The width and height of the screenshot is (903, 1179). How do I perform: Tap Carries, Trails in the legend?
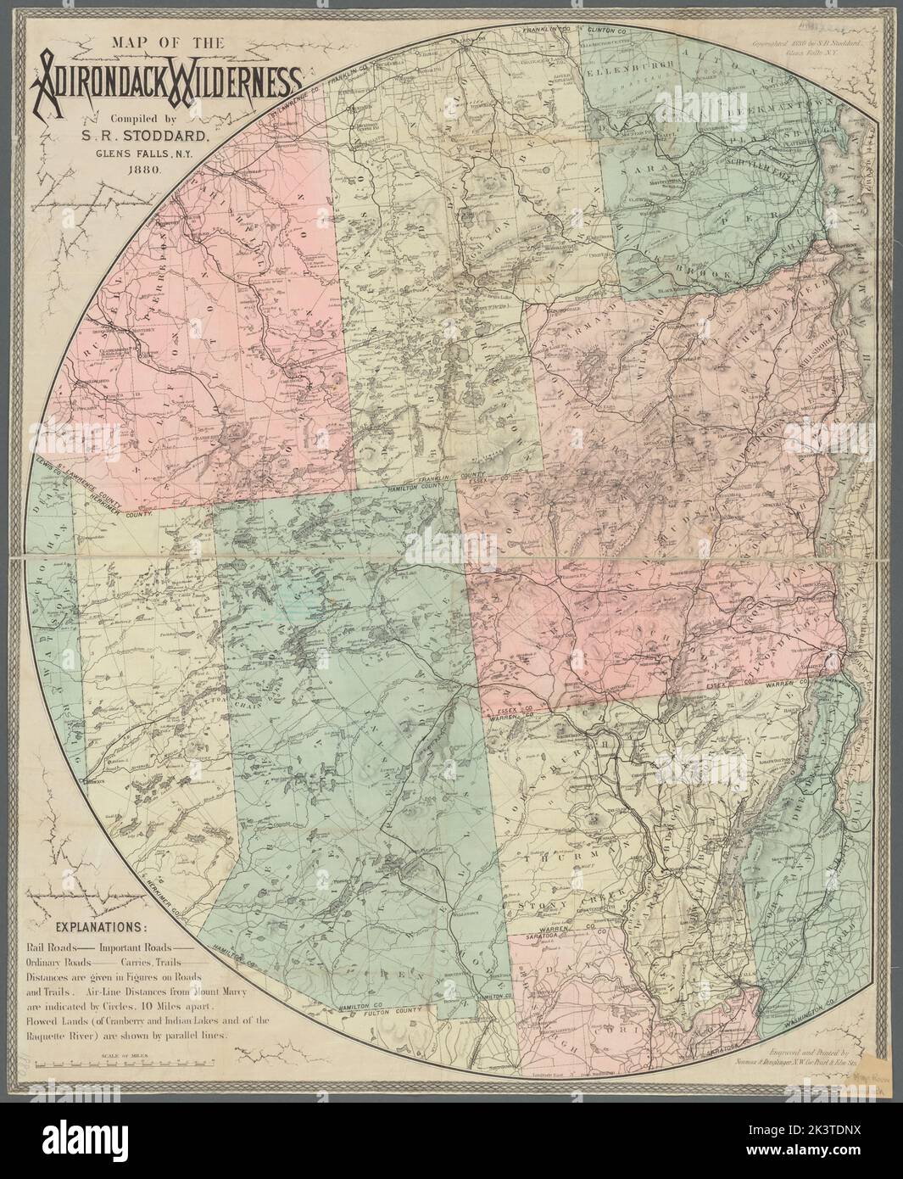click(155, 962)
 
